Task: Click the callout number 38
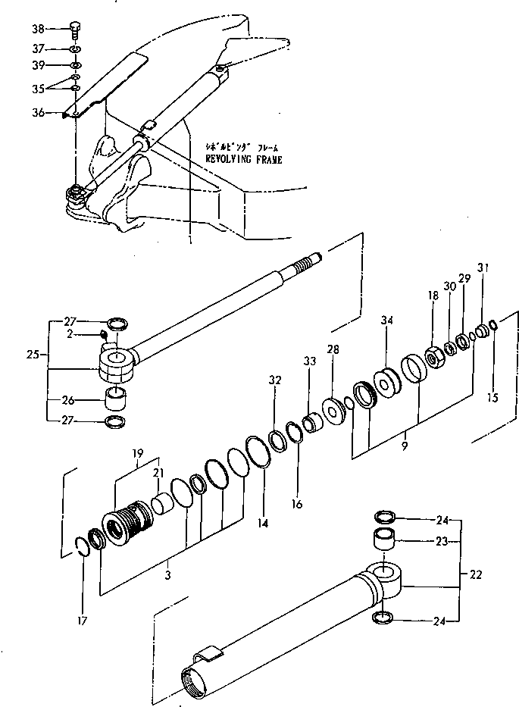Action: click(39, 30)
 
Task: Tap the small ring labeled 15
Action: click(493, 326)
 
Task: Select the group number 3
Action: click(167, 576)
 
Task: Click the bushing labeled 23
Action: click(385, 542)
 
